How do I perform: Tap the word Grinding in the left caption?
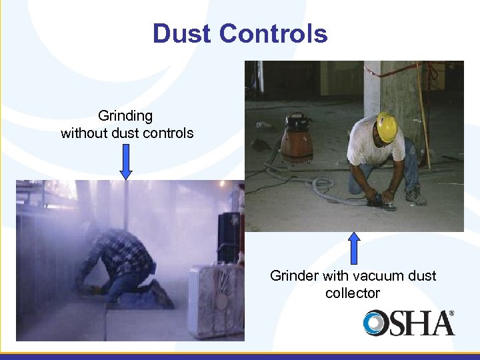[125, 116]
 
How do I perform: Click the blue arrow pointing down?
[126, 162]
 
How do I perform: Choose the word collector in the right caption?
[353, 293]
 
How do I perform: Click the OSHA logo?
[408, 323]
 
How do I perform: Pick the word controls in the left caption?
[171, 133]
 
